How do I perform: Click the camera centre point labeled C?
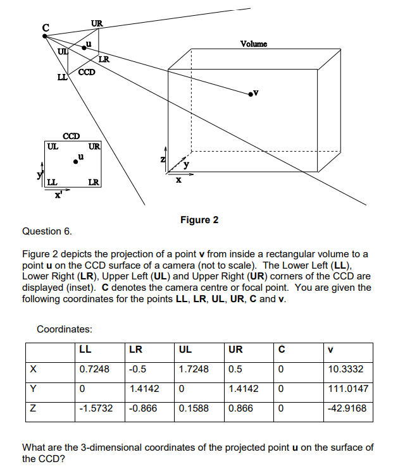[44, 35]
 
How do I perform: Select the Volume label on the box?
[254, 44]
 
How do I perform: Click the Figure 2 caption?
[199, 220]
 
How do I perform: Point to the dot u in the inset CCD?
[76, 162]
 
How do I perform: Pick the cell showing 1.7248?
[194, 369]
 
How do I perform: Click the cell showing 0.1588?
[194, 408]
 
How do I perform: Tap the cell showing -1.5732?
[96, 408]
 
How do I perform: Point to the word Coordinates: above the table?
[65, 329]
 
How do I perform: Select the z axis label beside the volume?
[163, 159]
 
